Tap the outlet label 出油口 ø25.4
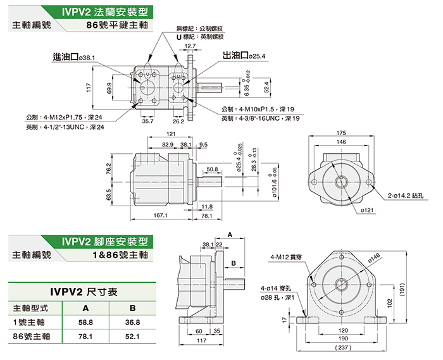[244, 56]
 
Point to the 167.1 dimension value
[160, 216]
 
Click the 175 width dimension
[341, 133]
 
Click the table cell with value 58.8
[85, 322]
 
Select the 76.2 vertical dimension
[109, 170]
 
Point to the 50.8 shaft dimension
[212, 170]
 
